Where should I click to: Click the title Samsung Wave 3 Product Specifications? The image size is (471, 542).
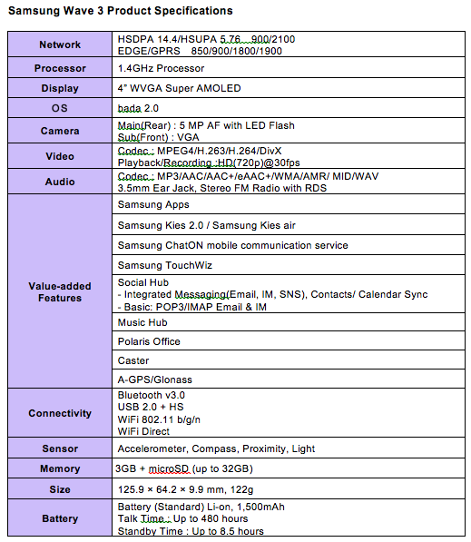click(120, 11)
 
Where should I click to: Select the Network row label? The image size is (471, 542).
click(60, 44)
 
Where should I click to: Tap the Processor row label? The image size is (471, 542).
click(60, 68)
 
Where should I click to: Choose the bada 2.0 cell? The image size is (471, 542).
click(139, 110)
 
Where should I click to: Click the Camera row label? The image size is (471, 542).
click(60, 131)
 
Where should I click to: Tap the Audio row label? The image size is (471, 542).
click(60, 182)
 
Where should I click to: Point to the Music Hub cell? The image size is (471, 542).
click(143, 322)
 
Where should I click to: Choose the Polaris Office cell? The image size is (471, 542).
click(150, 341)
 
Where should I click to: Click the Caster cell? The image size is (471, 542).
click(134, 360)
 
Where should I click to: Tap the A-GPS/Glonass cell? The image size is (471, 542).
click(155, 379)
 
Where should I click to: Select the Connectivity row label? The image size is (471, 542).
click(60, 413)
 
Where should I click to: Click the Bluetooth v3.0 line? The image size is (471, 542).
click(152, 396)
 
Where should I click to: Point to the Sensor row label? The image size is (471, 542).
click(60, 448)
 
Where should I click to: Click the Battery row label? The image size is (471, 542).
click(60, 518)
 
